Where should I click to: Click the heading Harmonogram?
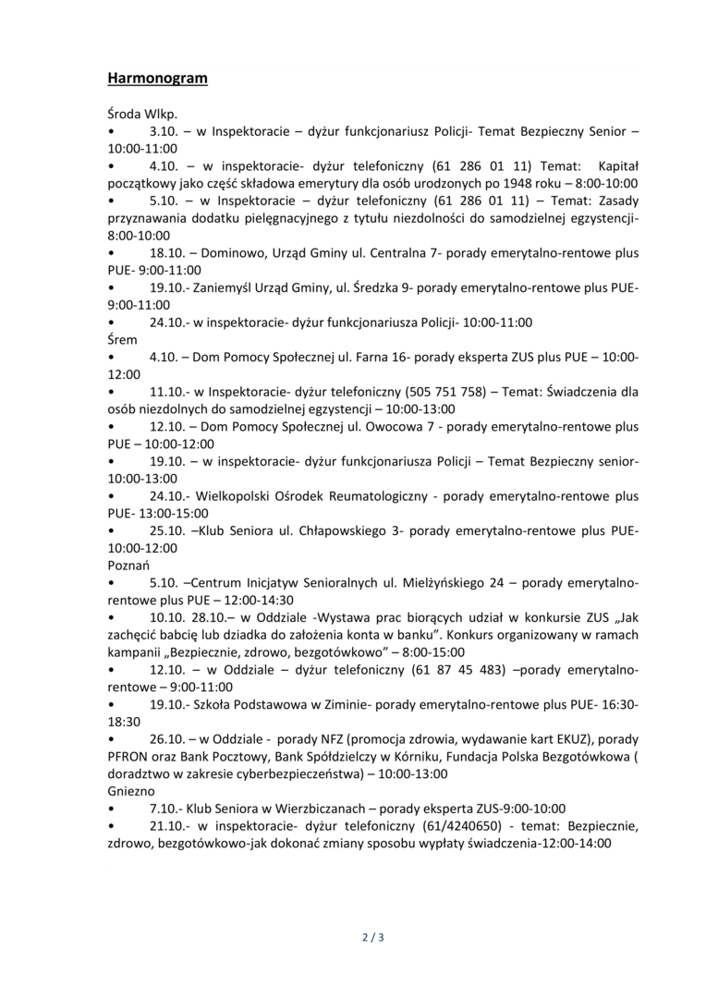tap(157, 79)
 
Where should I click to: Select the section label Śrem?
tap(122, 339)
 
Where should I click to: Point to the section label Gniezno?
tap(131, 791)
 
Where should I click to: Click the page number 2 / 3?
tap(371, 938)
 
